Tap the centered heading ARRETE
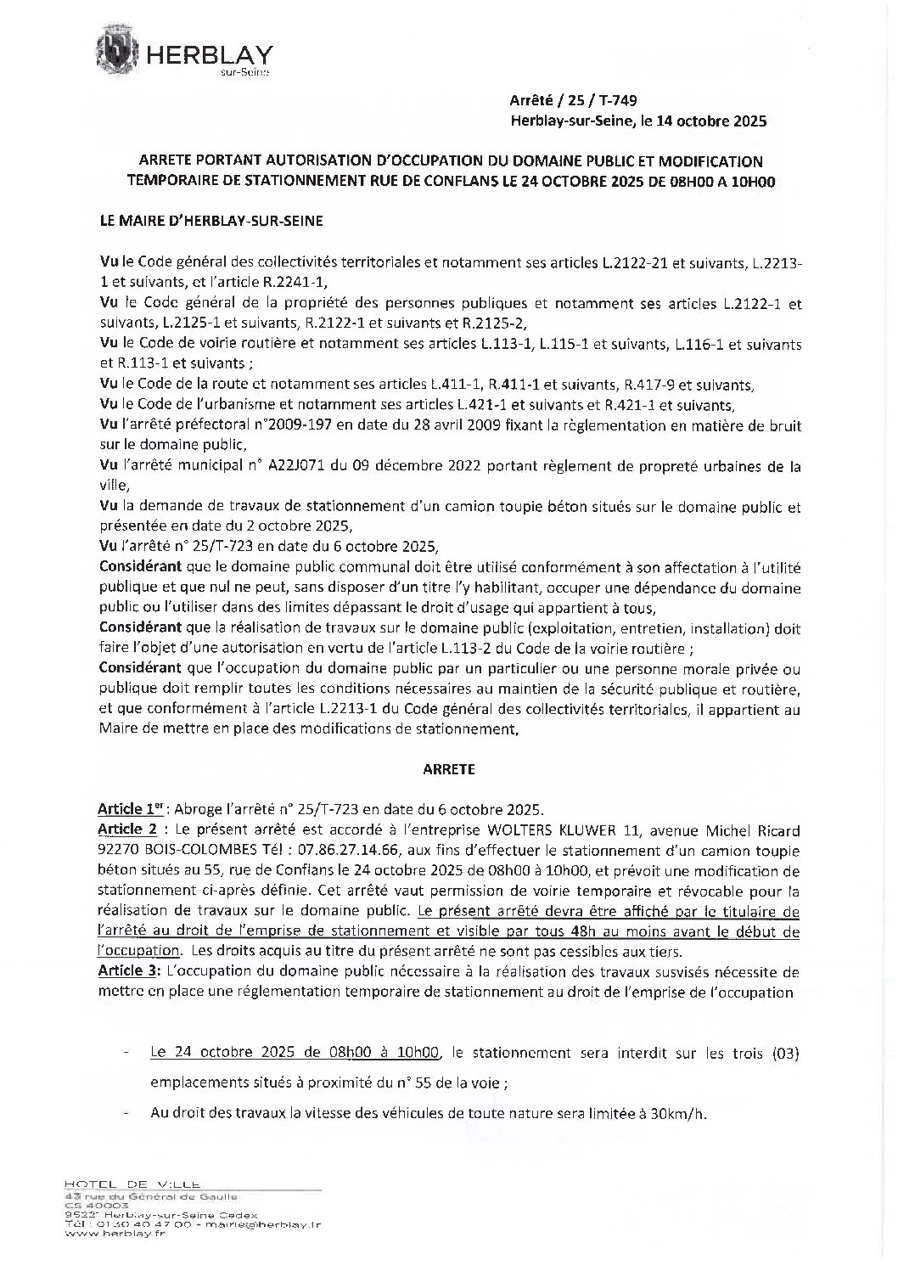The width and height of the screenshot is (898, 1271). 448,770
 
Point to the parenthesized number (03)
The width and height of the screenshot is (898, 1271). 785,1054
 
